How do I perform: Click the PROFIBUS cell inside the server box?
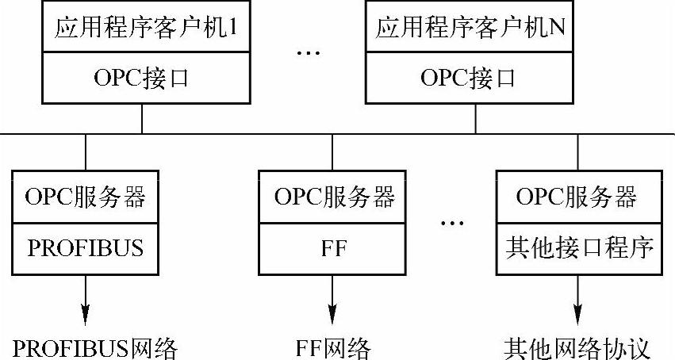click(x=86, y=247)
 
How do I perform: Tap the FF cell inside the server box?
click(x=333, y=247)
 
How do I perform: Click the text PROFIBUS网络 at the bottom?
click(x=95, y=347)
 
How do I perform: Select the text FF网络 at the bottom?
click(x=333, y=347)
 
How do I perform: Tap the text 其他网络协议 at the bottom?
click(x=577, y=347)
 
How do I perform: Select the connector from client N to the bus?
click(x=476, y=118)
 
